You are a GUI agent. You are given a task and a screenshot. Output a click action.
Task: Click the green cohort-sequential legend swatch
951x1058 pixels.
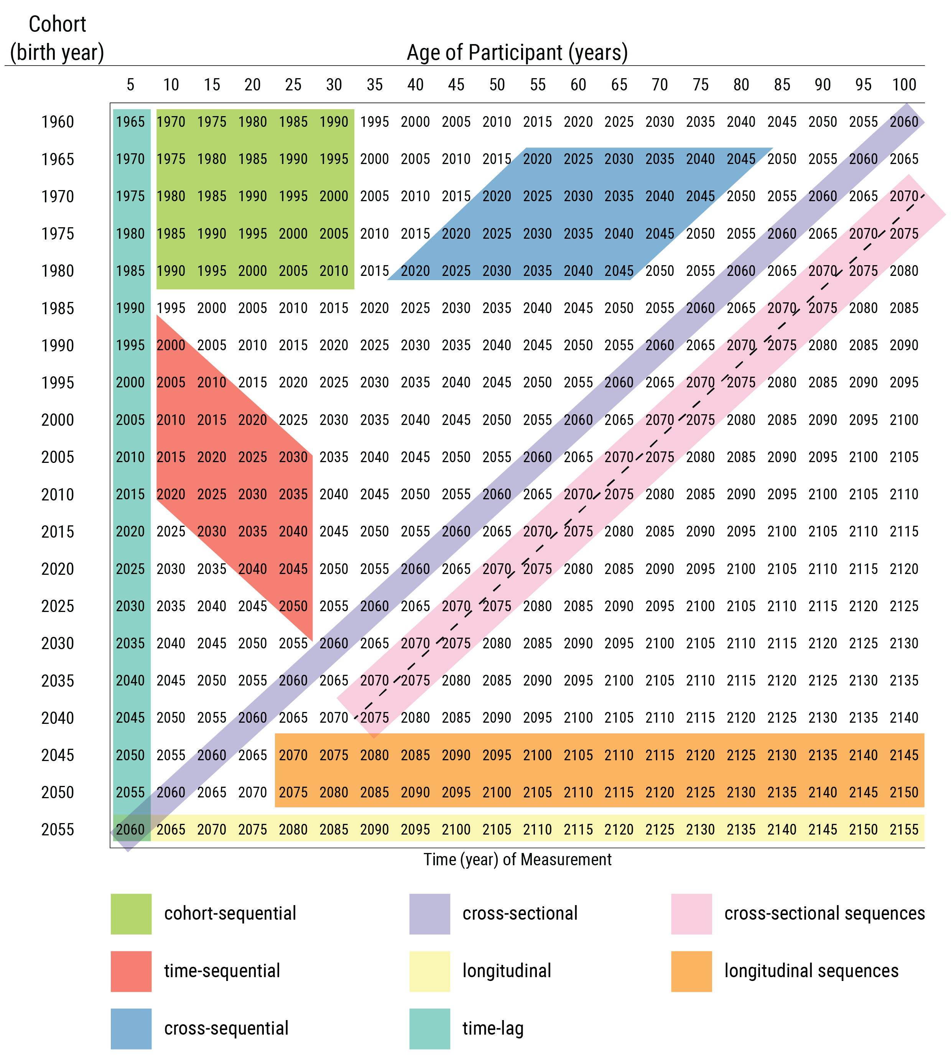point(131,914)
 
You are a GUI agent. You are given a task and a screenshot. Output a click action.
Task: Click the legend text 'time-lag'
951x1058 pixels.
point(493,1028)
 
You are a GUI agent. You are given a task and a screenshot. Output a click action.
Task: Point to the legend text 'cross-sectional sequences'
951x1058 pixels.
point(824,914)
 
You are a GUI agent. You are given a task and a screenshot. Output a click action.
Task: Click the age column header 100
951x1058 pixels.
point(904,85)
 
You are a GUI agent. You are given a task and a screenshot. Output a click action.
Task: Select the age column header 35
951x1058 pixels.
point(375,85)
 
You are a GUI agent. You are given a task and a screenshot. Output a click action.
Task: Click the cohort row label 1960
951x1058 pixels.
point(58,122)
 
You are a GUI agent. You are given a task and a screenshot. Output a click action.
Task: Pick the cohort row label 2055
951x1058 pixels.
point(58,829)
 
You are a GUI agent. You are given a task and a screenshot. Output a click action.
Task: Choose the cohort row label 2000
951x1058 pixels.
point(58,420)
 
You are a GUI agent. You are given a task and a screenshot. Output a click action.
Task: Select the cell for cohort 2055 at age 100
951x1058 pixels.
point(904,829)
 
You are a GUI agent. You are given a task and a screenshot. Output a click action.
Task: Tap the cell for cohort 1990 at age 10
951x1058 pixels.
point(171,345)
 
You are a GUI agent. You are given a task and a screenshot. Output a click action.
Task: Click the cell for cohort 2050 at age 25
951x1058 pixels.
point(293,792)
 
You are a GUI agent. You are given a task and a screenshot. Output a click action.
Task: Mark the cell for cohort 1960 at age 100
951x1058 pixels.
point(904,122)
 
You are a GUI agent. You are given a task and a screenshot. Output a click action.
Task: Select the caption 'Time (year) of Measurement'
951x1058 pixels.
point(517,860)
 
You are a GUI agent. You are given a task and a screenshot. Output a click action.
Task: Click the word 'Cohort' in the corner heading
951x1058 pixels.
point(58,24)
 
